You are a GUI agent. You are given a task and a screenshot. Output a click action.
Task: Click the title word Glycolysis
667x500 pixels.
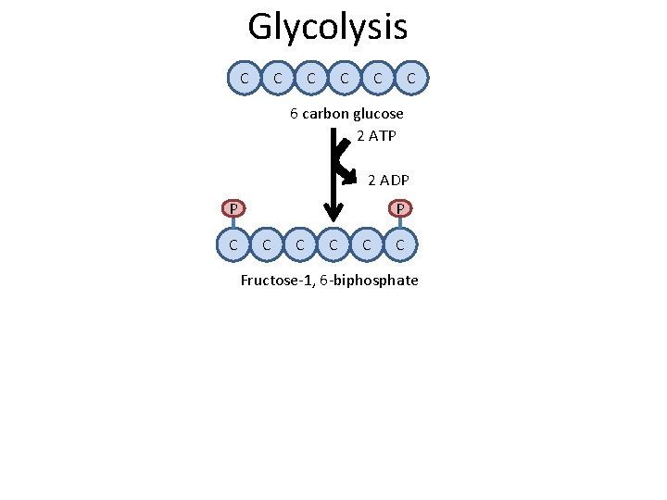327,27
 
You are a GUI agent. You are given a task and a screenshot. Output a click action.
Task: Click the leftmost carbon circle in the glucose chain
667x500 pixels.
245,80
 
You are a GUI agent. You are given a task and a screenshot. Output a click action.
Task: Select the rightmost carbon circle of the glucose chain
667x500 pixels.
411,80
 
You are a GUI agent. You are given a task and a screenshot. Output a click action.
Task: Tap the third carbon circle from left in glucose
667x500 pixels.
311,80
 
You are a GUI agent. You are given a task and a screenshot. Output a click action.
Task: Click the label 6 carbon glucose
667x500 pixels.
346,114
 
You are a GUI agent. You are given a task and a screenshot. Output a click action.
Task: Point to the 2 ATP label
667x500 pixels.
376,136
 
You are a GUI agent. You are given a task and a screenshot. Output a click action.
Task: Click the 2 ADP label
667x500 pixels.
389,179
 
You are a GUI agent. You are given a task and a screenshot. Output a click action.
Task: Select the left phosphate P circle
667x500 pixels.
235,208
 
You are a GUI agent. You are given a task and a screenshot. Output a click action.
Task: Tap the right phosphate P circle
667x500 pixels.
400,208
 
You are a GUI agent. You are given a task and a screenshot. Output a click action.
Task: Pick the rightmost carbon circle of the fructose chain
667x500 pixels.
400,245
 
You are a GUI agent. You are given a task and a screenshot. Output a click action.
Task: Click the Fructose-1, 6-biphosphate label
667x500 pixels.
329,281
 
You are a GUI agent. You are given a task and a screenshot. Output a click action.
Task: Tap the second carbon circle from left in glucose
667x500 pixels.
278,80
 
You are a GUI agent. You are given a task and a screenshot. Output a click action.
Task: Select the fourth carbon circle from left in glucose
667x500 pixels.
345,80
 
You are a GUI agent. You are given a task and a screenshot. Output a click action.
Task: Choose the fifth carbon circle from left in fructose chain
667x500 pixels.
367,245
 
